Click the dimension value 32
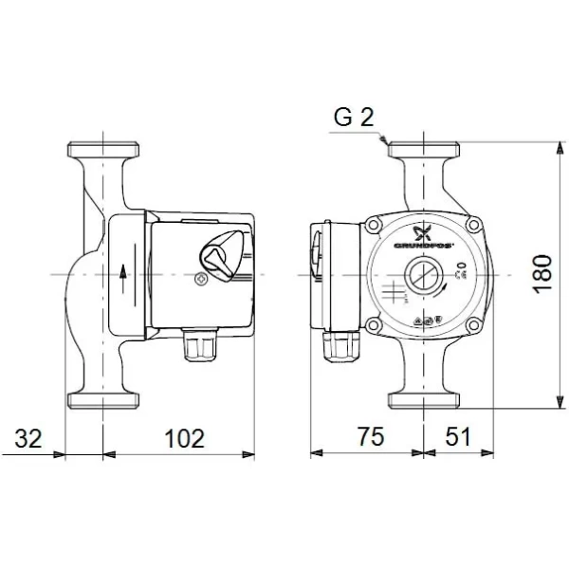pyautogui.click(x=30, y=438)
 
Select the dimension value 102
pyautogui.click(x=184, y=438)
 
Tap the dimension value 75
pyautogui.click(x=370, y=438)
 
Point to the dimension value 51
pyautogui.click(x=458, y=438)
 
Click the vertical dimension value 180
pyautogui.click(x=541, y=274)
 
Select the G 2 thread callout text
pyautogui.click(x=354, y=118)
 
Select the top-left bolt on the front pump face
pyautogui.click(x=374, y=227)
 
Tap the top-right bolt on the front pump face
pyautogui.click(x=471, y=227)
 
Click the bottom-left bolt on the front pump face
pyautogui.click(x=374, y=325)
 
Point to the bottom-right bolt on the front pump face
pyautogui.click(x=471, y=325)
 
